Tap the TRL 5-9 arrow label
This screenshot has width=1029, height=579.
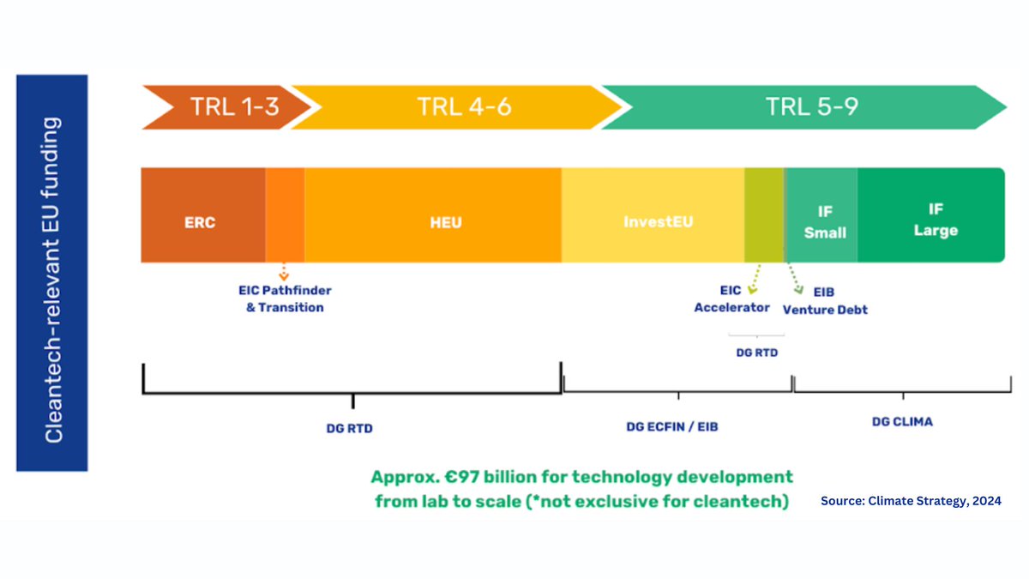tap(812, 107)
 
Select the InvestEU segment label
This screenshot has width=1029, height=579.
tap(659, 221)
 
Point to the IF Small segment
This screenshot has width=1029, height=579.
tap(825, 221)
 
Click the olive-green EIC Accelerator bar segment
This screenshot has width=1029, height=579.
tap(763, 214)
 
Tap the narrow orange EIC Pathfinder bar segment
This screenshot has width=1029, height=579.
tap(285, 214)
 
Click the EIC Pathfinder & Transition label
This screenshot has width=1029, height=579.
tap(285, 299)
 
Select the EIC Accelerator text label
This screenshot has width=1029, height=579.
tap(731, 299)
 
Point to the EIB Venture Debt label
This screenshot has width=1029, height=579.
tap(825, 300)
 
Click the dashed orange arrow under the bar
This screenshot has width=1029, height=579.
tap(284, 274)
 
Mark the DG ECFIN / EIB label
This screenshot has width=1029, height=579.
tap(672, 425)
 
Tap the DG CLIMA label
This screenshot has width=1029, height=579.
tap(902, 422)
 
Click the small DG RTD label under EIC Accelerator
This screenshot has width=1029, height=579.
tap(755, 352)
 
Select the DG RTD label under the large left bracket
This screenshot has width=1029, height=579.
tap(352, 427)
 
